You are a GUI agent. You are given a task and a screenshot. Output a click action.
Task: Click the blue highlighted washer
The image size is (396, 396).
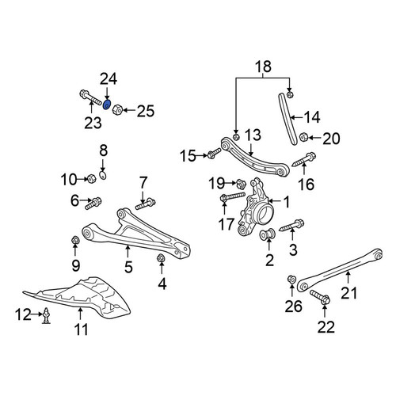click(x=107, y=105)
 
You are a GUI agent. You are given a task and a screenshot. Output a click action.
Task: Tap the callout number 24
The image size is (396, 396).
click(x=109, y=79)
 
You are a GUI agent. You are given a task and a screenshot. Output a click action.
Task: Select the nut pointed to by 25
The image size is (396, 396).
click(x=117, y=109)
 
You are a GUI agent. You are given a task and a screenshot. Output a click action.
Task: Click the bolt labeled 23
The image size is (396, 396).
click(x=90, y=97)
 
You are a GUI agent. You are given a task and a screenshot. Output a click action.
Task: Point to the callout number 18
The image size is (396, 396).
click(x=263, y=67)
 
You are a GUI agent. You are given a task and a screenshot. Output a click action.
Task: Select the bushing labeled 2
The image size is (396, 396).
click(x=268, y=234)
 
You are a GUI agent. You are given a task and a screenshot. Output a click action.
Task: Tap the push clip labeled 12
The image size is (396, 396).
click(x=46, y=315)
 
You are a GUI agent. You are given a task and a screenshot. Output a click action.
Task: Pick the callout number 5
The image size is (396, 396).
click(x=128, y=267)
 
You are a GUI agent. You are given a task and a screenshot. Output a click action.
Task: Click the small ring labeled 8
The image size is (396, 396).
click(x=103, y=175)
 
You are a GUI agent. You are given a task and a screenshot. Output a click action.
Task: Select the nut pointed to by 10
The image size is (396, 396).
click(x=91, y=179)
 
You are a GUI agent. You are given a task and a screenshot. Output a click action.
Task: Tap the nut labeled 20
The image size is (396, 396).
click(x=303, y=137)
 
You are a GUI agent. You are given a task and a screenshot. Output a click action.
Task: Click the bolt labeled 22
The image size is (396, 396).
click(x=320, y=297)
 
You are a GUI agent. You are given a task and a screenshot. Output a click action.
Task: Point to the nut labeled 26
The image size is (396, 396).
click(x=291, y=279)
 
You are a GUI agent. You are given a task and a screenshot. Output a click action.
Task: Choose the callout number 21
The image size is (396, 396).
click(x=348, y=293)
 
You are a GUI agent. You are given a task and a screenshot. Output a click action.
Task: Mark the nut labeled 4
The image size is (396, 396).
click(x=161, y=257)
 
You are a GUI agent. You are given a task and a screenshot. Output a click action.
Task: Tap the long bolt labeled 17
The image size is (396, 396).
click(x=233, y=197)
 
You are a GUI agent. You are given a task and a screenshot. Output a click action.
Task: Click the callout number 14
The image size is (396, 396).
click(x=312, y=117)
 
